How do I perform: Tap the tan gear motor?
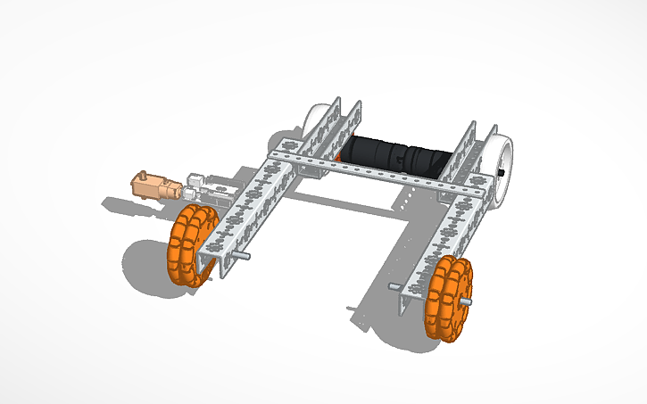tap(157, 186)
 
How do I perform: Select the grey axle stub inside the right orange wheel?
tap(395, 286)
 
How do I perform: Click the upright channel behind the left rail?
tap(344, 125)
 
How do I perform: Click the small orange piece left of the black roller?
tap(340, 158)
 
